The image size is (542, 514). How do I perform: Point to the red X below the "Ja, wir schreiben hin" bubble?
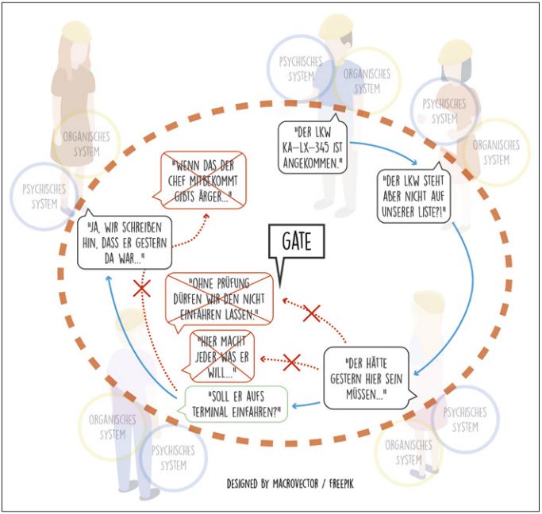coord(142,289)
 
